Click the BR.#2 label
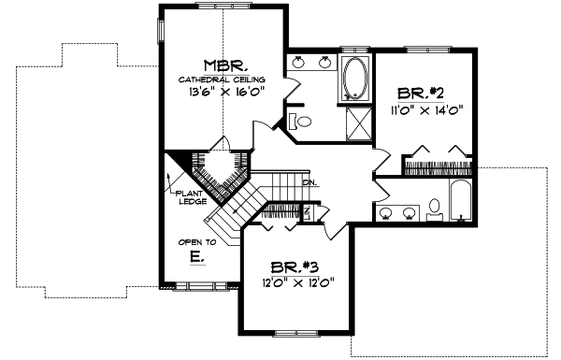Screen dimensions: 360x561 pos(420,93)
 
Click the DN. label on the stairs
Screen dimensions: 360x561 pos(308,181)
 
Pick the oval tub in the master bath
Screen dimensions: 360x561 pos(356,78)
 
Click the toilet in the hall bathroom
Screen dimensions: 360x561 pos(434,209)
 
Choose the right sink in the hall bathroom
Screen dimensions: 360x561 pos(410,212)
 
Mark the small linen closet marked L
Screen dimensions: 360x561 pos(316,211)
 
